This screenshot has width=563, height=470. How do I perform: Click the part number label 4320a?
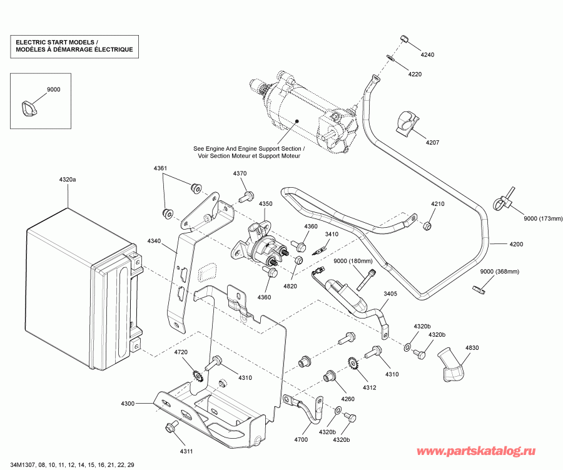(68, 180)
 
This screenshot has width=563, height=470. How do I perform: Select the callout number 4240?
(427, 55)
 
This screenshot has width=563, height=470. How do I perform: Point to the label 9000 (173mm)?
(543, 218)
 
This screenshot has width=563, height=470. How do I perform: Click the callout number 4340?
(155, 240)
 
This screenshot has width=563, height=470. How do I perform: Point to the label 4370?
(240, 173)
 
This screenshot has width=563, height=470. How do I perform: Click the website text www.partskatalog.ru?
(484, 450)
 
